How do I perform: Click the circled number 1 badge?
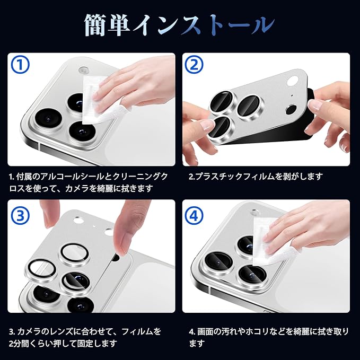click(21, 65)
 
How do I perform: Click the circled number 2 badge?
click(194, 65)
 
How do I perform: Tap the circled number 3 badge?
click(21, 216)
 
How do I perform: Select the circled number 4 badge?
click(194, 216)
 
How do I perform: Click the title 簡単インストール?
click(180, 25)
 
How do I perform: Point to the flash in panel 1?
click(83, 69)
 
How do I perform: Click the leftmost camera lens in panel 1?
click(48, 119)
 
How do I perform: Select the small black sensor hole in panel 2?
click(291, 109)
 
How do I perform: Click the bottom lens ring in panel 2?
click(220, 128)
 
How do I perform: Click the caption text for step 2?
click(256, 177)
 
